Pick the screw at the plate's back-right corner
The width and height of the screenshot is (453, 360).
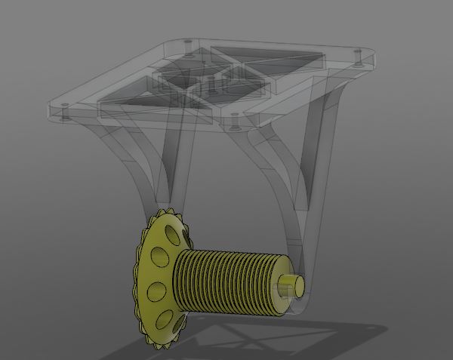357,54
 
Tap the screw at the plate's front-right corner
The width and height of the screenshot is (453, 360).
234,119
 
